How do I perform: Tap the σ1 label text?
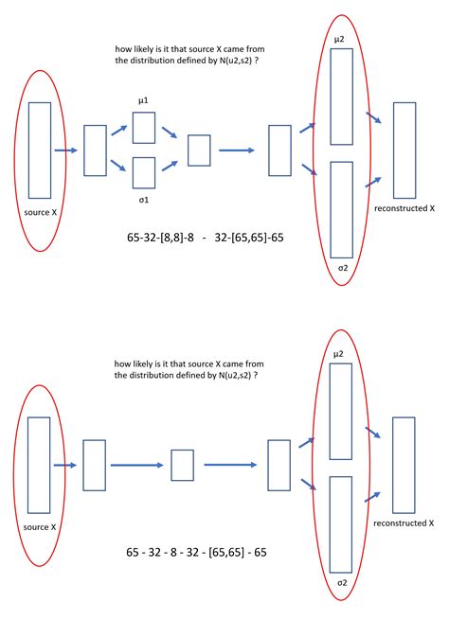click(x=144, y=200)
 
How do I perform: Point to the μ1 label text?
click(x=143, y=101)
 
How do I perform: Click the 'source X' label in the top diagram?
click(x=41, y=212)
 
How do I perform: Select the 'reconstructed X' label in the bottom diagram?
click(x=404, y=523)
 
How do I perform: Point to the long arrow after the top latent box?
click(x=237, y=151)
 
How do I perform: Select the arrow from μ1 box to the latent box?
click(x=169, y=133)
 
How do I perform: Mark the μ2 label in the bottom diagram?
click(x=338, y=354)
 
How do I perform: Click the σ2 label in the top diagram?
click(x=343, y=268)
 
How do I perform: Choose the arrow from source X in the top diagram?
click(x=66, y=151)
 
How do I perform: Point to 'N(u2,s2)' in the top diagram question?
click(x=235, y=61)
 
